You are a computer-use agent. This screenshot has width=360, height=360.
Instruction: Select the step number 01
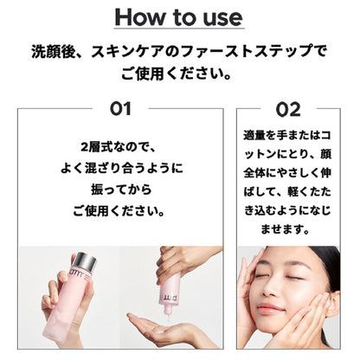[x=120, y=109]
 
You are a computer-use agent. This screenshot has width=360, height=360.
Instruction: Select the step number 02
[x=288, y=110]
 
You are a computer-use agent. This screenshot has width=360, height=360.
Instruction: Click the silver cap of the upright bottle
[x=85, y=261]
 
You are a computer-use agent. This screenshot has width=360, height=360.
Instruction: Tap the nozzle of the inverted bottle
[x=167, y=312]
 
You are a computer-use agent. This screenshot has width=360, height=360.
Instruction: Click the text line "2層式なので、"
[x=119, y=148]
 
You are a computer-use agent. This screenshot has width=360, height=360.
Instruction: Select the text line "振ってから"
[x=121, y=190]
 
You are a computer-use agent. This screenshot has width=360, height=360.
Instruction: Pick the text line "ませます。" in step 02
[x=286, y=229]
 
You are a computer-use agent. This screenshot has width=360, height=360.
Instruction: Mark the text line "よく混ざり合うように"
[x=122, y=169]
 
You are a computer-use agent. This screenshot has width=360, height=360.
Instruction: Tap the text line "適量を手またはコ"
[x=287, y=135]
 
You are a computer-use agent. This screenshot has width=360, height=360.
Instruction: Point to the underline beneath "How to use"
[x=179, y=29]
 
